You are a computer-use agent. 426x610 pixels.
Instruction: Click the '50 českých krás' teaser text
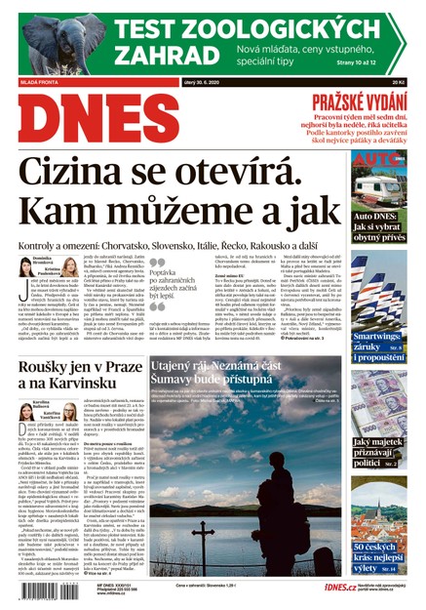point(375,557)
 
